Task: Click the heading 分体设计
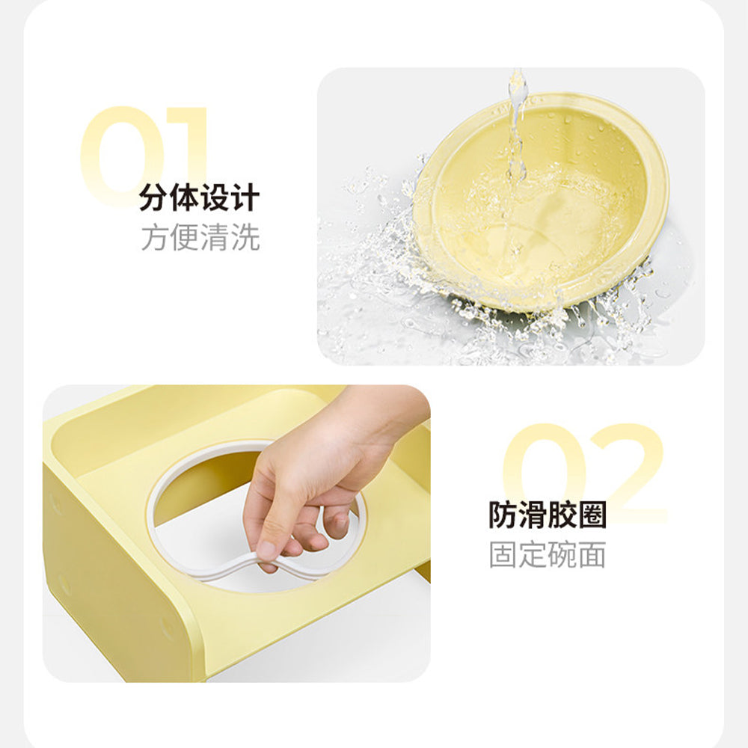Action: tap(200, 197)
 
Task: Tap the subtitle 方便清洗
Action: tap(200, 237)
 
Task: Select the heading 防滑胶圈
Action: tap(548, 515)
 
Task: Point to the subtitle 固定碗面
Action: tap(548, 554)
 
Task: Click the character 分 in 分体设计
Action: tap(153, 197)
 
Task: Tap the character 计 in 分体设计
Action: tap(245, 197)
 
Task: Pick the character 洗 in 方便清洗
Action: tap(245, 237)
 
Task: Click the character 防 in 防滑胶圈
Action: tap(503, 515)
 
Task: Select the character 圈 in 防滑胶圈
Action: tap(592, 515)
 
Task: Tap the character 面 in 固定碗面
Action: tap(592, 554)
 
